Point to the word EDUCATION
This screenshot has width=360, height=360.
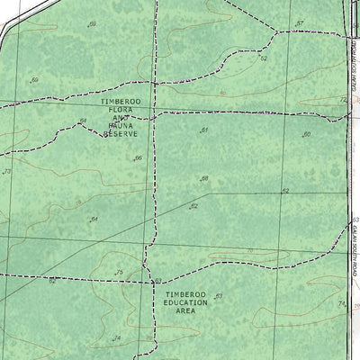coord(185,303)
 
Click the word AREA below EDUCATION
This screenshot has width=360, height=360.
coord(185,311)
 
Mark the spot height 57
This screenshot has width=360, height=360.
coord(300,24)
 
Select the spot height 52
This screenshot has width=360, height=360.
coord(264,58)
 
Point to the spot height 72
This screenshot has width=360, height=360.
coord(343,100)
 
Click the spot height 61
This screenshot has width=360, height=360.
coord(204,130)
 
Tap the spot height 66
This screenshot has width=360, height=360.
coord(138,158)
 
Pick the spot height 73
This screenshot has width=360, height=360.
coord(6,171)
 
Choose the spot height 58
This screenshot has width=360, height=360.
coord(204,178)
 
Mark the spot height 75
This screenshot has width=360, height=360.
coord(118,273)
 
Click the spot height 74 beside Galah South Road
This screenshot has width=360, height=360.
coord(341,305)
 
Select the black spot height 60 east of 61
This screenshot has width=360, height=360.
coord(306,135)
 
